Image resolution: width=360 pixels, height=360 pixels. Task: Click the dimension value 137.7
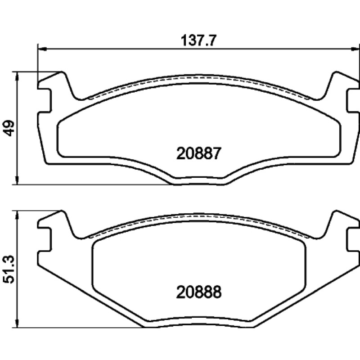[198, 41]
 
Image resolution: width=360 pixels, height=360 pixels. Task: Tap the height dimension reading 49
[9, 128]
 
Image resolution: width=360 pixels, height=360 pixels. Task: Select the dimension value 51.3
[9, 270]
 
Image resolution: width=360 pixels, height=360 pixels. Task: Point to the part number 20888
[199, 292]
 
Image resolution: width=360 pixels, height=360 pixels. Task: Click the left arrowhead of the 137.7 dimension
[42, 49]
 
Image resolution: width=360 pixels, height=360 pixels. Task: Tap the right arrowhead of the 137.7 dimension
[355, 49]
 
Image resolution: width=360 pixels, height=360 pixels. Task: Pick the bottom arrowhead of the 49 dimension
[17, 180]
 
